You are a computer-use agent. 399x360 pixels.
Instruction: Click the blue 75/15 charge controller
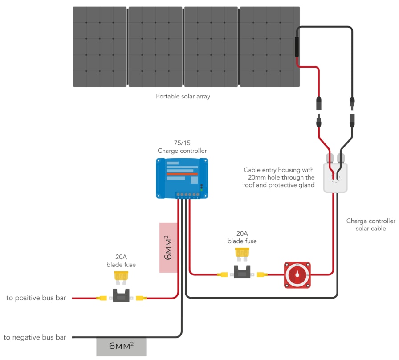pos(182,178)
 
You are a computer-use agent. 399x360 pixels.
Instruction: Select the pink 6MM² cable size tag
pos(168,247)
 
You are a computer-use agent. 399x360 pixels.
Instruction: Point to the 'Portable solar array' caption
pos(183,96)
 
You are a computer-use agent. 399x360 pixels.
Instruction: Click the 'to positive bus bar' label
pos(36,298)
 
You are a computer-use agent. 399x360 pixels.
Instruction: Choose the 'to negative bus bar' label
pos(35,337)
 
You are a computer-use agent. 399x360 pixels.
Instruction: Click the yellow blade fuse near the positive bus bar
pos(121,278)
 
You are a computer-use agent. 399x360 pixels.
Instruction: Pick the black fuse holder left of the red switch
pos(242,273)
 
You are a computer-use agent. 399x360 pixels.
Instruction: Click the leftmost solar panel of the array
pos(100,46)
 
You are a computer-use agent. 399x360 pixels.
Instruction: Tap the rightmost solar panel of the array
pos(269,46)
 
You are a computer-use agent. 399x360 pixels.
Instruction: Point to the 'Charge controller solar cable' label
pos(370,225)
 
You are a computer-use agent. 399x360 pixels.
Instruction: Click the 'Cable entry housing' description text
pos(279,177)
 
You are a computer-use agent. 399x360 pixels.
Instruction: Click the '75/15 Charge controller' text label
pos(182,147)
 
